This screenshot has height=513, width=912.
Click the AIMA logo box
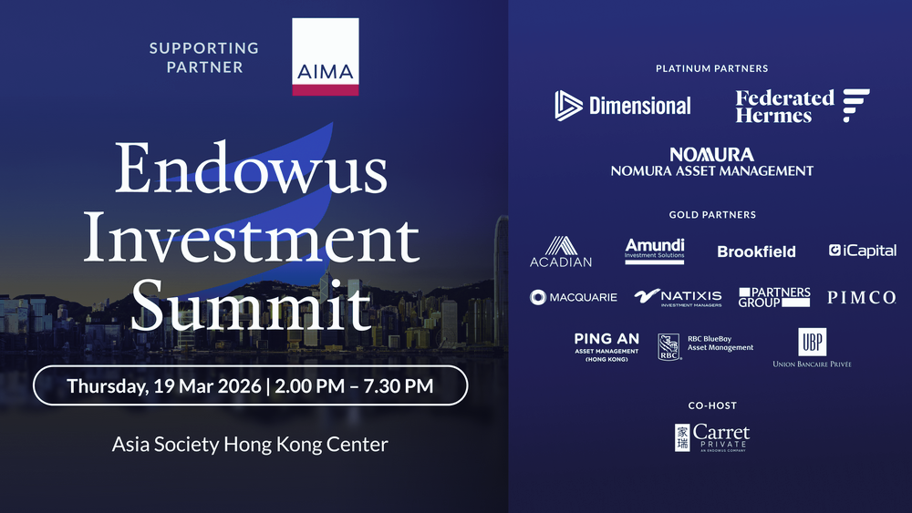click(325, 56)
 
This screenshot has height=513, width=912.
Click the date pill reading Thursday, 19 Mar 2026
click(250, 385)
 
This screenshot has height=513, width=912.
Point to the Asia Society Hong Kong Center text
click(250, 445)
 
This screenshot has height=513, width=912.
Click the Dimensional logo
click(623, 106)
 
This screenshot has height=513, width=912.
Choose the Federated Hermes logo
click(803, 106)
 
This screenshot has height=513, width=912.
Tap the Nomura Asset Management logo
click(711, 162)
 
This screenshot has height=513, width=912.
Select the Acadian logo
click(561, 251)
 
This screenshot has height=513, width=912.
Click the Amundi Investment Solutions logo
click(655, 250)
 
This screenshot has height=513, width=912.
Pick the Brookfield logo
click(756, 251)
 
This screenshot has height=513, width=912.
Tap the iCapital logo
click(862, 251)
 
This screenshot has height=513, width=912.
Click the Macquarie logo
click(574, 297)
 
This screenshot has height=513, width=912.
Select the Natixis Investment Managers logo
click(678, 297)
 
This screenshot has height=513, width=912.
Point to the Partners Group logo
click(774, 297)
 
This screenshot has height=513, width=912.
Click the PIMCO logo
click(861, 298)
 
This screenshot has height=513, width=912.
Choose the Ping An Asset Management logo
click(606, 346)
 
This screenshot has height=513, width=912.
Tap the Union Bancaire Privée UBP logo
click(811, 348)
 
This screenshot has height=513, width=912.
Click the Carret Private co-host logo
click(711, 436)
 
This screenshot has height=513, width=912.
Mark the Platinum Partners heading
click(711, 68)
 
